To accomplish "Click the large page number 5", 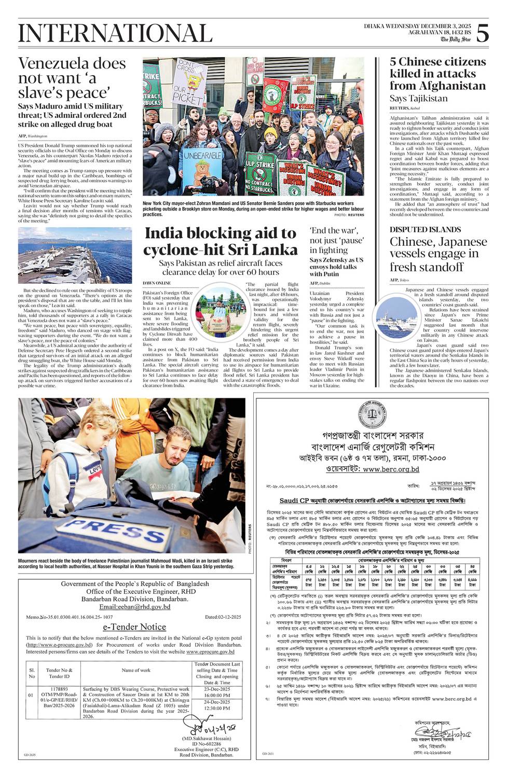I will pos(482,34).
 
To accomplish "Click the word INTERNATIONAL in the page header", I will pos(115,34).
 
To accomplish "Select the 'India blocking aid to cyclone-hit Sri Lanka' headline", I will pos(220,242).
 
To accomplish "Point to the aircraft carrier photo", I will pos(75,255).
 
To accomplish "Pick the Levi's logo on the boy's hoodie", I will pos(93,470).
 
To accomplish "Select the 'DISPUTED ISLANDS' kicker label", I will pos(425,229).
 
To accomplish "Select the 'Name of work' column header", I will pos(136,670).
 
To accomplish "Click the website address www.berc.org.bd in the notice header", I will pos(391,469).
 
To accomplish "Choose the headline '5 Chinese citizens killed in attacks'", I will pos(437,74).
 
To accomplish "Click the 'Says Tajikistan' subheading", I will pos(418,98).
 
